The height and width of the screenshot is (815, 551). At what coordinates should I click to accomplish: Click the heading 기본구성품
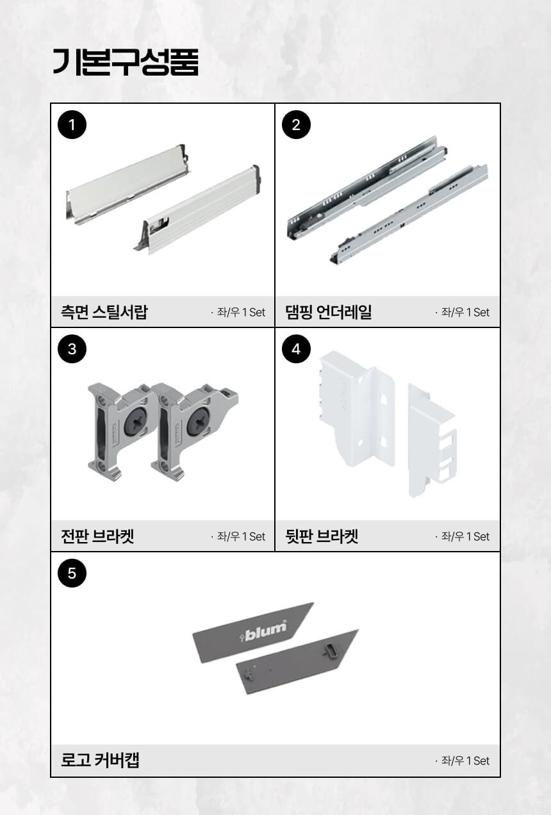(x=126, y=62)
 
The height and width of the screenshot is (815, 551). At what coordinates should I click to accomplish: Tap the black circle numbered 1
(x=72, y=125)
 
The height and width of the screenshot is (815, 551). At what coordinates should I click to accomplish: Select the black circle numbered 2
(x=296, y=125)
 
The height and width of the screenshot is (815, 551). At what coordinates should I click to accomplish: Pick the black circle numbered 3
(x=72, y=349)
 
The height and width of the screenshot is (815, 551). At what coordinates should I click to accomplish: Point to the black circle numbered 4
(x=296, y=349)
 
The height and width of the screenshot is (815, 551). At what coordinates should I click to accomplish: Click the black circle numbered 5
(x=72, y=573)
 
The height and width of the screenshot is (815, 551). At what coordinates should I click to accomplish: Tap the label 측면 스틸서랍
(x=104, y=312)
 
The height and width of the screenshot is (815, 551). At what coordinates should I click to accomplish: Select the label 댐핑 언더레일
(x=329, y=312)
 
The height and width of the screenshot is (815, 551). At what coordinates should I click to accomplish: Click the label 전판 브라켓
(x=97, y=536)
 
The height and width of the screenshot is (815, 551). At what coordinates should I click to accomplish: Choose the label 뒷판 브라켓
(x=322, y=536)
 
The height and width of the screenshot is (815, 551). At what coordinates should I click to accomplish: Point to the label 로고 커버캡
(x=100, y=760)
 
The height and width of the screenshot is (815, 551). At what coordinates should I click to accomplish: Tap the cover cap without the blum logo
(x=297, y=661)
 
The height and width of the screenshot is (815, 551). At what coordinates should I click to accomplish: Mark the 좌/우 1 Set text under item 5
(x=462, y=761)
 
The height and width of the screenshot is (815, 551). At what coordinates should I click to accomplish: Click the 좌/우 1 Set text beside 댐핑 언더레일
(x=462, y=312)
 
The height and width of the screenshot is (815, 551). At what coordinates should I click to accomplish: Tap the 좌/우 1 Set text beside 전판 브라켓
(x=238, y=536)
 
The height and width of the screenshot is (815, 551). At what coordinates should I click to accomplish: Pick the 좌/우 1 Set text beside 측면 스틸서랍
(x=238, y=312)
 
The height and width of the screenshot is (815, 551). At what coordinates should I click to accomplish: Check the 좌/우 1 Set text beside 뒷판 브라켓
(x=462, y=536)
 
